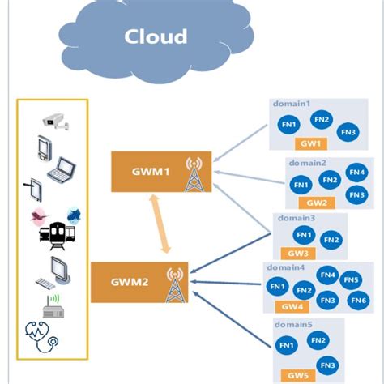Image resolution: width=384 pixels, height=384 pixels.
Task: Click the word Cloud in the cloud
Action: [156, 36]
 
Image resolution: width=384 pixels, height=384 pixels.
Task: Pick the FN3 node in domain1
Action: [348, 132]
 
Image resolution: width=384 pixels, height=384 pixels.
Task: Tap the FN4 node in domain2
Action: [356, 172]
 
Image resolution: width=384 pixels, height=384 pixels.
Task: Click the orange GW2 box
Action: [318, 202]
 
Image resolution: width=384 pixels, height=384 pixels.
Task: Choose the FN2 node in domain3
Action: [331, 240]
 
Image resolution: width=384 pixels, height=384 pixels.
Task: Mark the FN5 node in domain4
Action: [351, 279]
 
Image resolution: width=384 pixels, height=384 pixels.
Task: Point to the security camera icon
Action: [56, 122]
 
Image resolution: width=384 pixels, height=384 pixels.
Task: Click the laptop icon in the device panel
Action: [61, 171]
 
